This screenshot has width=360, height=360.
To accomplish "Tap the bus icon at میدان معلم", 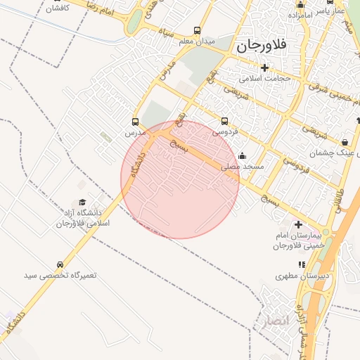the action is pos(198,32).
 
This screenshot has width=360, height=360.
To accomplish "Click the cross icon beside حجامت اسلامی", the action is pos(264,67).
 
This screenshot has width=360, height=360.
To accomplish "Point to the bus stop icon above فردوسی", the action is pos(225,121).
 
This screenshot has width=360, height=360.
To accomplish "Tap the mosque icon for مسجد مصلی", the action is pos(243,156).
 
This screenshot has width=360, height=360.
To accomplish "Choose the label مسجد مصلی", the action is pos(243,167).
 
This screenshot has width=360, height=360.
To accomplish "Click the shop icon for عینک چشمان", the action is pos(344,142).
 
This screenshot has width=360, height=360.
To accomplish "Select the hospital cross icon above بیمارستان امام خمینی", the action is pos(298,224).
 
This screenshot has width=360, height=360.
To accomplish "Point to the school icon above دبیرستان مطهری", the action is pos(302,265).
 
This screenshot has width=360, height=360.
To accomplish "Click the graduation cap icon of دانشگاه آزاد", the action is pos(82,202).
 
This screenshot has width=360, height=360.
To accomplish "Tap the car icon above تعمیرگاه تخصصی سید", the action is pos(60,265).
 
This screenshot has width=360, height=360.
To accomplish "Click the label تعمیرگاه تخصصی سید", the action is pos(59,276).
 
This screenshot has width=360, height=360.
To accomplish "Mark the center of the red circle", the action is pos(180,179).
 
